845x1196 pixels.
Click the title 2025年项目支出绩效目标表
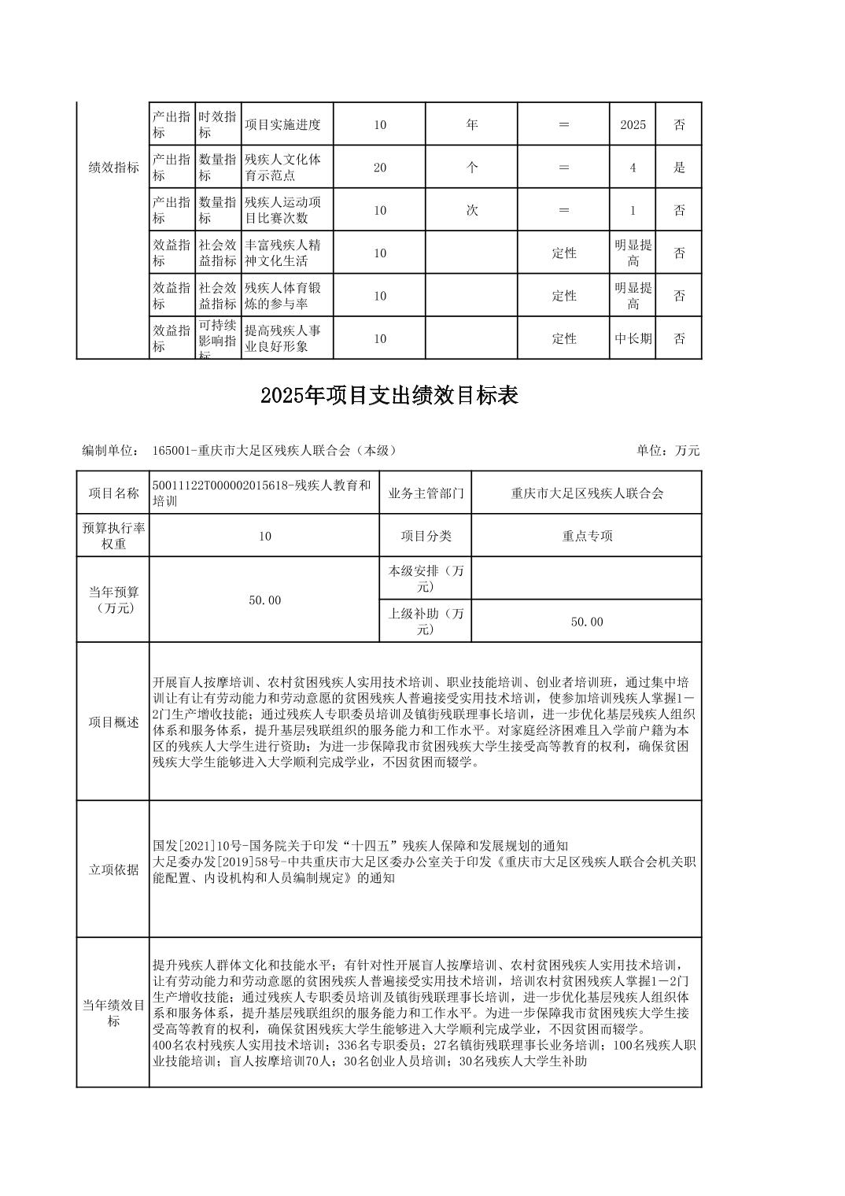click(389, 396)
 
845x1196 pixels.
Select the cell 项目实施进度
click(282, 124)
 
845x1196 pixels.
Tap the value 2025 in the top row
click(633, 124)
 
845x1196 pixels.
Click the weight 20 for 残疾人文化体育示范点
click(380, 168)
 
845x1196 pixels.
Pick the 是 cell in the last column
click(679, 168)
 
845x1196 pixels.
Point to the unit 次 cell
click(471, 210)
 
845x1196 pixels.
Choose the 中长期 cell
click(633, 339)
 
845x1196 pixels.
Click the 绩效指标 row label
click(113, 168)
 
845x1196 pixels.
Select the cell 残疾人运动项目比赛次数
click(282, 210)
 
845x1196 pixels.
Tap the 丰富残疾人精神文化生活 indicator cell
click(282, 253)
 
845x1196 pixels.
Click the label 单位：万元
click(668, 450)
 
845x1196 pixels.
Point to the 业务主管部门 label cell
click(426, 493)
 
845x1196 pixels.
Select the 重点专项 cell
click(587, 536)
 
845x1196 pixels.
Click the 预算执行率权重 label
click(113, 536)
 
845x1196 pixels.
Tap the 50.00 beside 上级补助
click(587, 622)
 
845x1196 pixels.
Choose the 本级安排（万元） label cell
click(426, 578)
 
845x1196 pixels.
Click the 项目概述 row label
click(113, 722)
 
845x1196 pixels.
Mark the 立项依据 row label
click(113, 869)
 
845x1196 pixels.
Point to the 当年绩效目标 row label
click(113, 1013)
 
